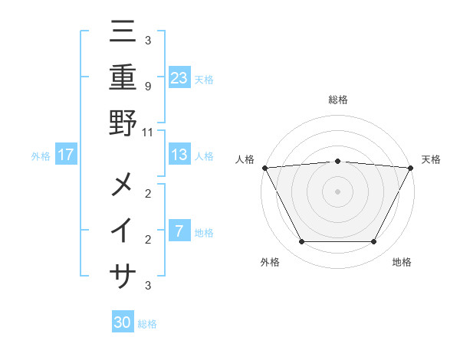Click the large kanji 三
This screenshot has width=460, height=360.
123,32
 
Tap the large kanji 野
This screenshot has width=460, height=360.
123,123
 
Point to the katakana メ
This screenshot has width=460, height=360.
123,185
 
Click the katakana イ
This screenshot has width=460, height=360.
123,231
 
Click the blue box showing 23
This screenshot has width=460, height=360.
179,77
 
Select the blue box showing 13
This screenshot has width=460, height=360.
179,155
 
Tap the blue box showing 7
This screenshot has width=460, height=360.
179,231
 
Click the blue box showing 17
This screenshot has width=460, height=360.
66,155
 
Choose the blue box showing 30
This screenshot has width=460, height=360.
123,322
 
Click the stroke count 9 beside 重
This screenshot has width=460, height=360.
147,86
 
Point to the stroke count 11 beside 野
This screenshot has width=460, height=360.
148,132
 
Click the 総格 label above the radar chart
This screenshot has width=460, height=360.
337,100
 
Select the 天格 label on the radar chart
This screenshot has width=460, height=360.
431,159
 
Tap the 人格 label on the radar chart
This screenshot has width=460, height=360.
244,159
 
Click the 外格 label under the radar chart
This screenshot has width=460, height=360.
269,262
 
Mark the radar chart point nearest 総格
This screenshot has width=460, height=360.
337,161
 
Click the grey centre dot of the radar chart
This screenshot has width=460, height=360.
337,191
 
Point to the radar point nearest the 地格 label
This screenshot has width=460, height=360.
373,241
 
